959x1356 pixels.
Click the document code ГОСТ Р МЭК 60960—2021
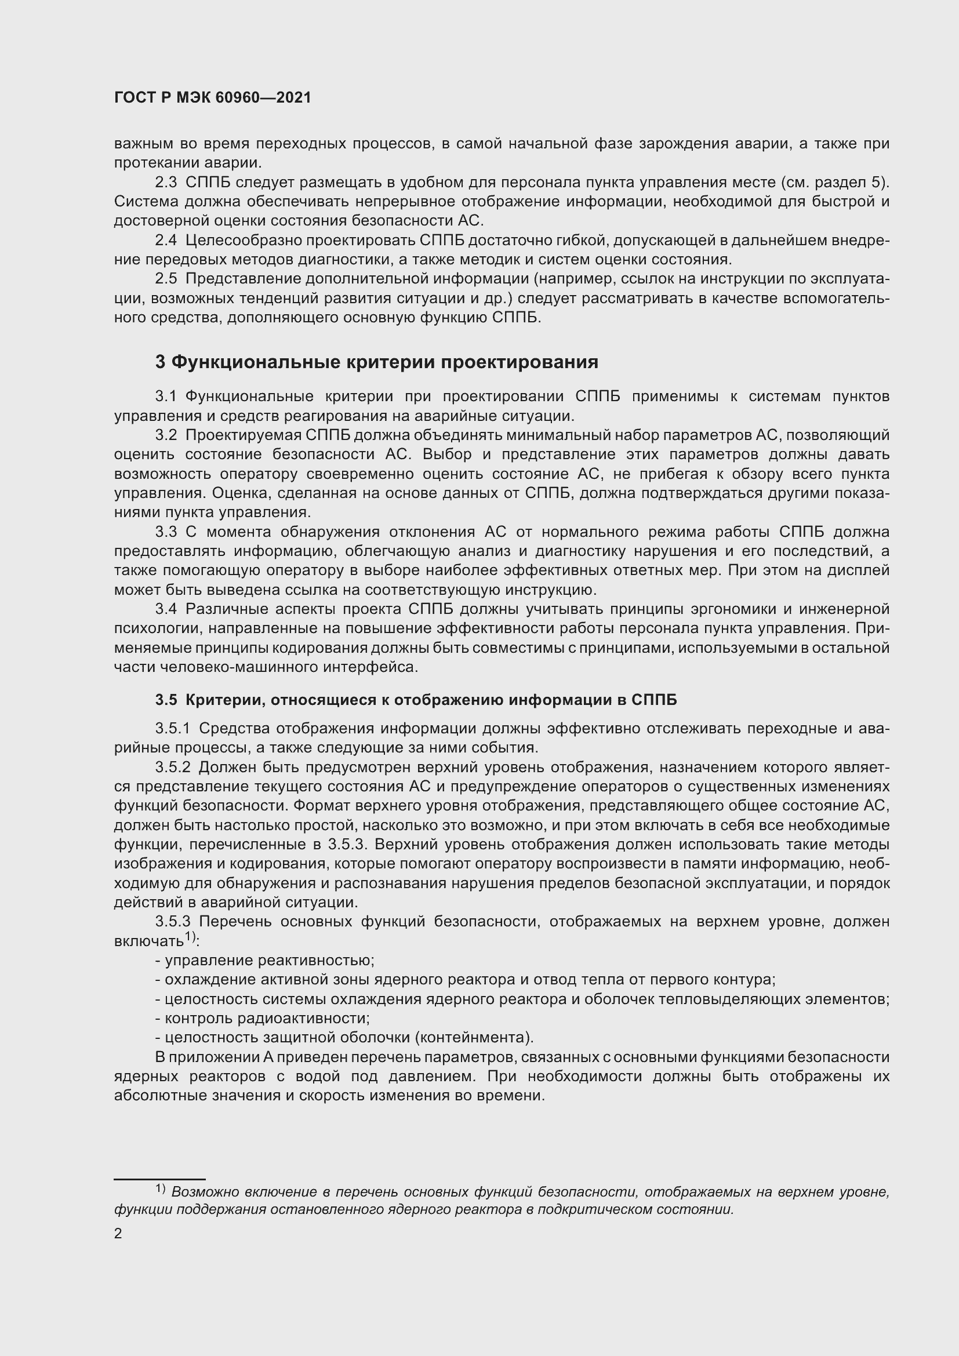click(213, 98)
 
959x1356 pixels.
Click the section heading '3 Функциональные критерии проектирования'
click(377, 362)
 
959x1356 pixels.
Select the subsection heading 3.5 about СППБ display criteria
click(416, 700)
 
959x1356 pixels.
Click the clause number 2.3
click(166, 183)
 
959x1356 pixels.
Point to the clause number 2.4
click(166, 241)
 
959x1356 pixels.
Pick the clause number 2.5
click(166, 279)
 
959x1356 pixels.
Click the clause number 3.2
click(166, 435)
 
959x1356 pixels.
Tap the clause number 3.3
click(166, 532)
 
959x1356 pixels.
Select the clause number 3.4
click(166, 609)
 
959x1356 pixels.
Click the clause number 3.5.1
click(173, 729)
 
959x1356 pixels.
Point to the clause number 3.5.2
click(173, 767)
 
